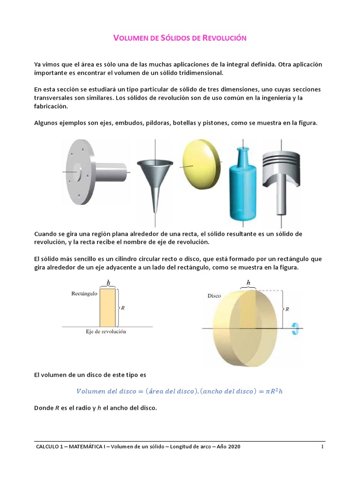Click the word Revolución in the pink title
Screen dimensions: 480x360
coord(224,37)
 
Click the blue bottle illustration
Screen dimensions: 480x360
coord(243,183)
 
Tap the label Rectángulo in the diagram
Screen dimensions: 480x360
coord(84,293)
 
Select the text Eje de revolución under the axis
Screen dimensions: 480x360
coord(105,332)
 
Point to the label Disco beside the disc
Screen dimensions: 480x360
coord(214,296)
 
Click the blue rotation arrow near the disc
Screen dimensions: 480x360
coord(295,329)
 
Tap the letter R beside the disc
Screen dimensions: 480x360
coord(287,310)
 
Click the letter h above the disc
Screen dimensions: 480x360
coord(248,283)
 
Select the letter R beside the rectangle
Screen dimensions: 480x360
coord(122,308)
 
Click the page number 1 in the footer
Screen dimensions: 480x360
coord(322,447)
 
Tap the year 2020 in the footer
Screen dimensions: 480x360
coord(233,447)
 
